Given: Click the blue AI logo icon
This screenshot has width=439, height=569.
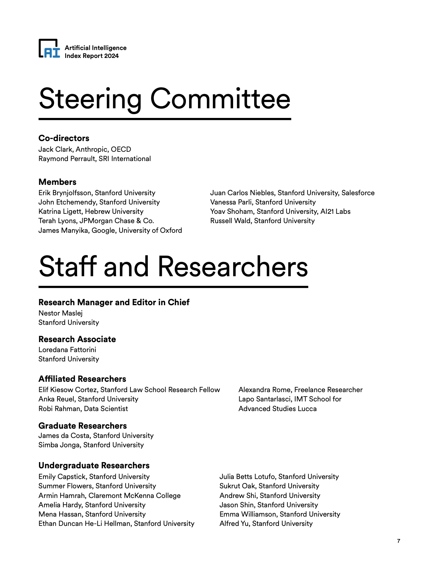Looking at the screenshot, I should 49,49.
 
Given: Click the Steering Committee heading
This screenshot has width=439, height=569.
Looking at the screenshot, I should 165,99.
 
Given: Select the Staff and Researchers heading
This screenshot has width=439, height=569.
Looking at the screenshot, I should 173,267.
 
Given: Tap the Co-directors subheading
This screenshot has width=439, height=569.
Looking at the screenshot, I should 64,138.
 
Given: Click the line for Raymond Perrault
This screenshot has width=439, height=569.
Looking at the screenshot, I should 94,159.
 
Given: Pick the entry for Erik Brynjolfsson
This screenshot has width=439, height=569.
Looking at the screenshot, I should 97,193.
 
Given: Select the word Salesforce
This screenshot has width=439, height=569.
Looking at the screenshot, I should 358,193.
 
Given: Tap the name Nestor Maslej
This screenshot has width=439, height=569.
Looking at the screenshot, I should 60,313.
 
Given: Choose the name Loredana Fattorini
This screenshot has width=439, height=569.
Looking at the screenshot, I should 67,350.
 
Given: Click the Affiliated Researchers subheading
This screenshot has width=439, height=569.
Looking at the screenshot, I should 82,379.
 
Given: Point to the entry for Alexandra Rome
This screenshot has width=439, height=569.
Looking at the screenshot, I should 300,390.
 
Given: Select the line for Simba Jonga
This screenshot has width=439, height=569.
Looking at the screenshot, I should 91,445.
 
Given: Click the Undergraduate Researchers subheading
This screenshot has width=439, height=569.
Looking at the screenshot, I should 94,466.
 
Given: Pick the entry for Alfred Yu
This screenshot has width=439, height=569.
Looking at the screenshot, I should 266,523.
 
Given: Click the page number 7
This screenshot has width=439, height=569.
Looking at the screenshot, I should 399,541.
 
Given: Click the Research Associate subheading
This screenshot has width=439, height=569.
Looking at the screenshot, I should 77,339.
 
